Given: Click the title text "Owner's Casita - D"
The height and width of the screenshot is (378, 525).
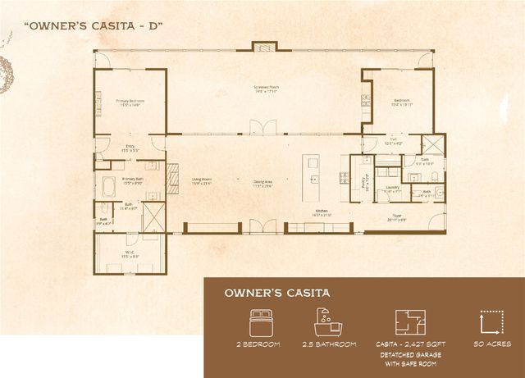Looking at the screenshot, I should (94, 25).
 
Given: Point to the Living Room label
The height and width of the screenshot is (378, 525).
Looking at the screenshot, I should (202, 180).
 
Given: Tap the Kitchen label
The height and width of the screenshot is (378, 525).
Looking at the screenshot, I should (321, 211).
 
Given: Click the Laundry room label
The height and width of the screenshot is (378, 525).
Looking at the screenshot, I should (392, 189).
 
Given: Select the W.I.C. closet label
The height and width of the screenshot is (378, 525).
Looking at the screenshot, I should (129, 254).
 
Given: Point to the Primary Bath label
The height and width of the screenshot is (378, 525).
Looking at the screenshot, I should (134, 180).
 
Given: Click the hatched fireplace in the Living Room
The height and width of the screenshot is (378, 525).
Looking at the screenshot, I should (172, 176).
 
